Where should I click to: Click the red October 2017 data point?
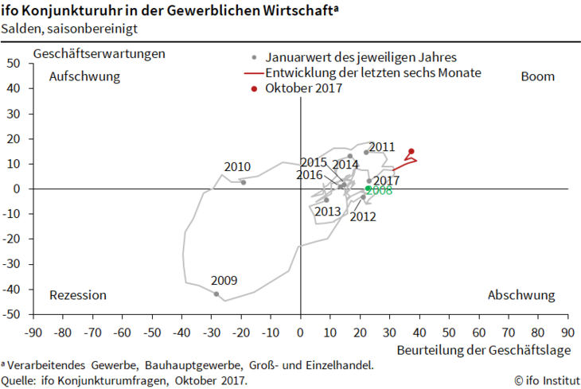pyautogui.click(x=411, y=151)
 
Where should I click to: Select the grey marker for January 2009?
pyautogui.click(x=216, y=294)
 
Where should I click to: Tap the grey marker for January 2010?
pyautogui.click(x=244, y=181)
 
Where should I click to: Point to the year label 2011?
pyautogui.click(x=382, y=146)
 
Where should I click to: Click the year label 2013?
pyautogui.click(x=327, y=212)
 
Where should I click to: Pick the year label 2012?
pyautogui.click(x=363, y=216)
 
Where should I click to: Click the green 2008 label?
pyautogui.click(x=379, y=191)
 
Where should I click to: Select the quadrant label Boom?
pyautogui.click(x=537, y=76)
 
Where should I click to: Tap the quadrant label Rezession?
pyautogui.click(x=77, y=295)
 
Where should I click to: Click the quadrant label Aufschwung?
pyautogui.click(x=84, y=76)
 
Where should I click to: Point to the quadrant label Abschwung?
pyautogui.click(x=521, y=295)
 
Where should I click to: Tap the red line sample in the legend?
pyautogui.click(x=252, y=73)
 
